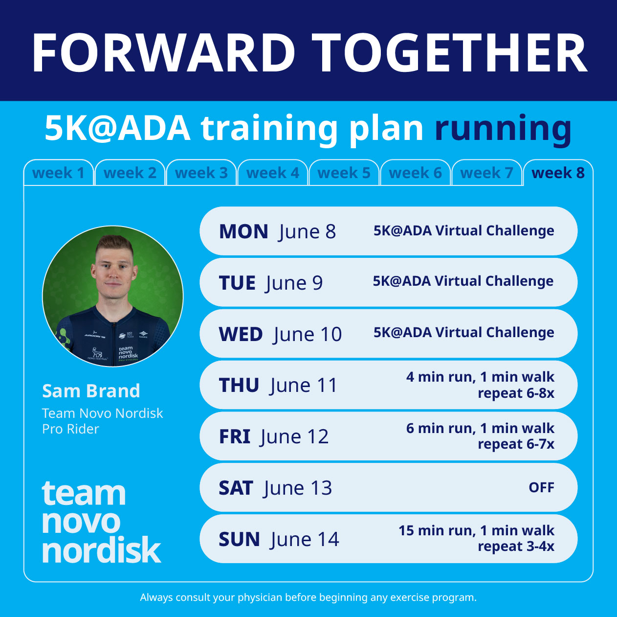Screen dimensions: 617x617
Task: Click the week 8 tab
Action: coord(558,173)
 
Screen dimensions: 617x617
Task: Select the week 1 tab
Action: coord(58,173)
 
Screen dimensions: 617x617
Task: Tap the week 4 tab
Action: coord(272,173)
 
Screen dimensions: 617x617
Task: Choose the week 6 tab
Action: coord(415,173)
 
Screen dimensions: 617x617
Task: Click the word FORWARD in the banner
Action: coord(164,53)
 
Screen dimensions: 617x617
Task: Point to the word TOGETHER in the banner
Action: coord(450,53)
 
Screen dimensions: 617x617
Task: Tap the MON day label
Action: coord(243,231)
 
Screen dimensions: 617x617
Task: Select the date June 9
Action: coord(294,283)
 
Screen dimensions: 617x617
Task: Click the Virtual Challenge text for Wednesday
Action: coord(463,333)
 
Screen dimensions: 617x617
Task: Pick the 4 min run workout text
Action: coord(480,385)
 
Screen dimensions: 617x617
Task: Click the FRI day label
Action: coord(235,437)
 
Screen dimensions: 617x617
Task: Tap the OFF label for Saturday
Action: coord(541,488)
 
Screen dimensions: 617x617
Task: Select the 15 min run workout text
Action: coord(476,539)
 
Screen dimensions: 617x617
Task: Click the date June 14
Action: coord(305,540)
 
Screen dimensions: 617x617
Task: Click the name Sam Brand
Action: coord(91,391)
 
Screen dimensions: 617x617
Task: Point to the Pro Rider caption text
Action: coord(70,429)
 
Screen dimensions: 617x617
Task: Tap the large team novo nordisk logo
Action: coord(101,522)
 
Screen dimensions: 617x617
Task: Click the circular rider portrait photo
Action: coord(113,296)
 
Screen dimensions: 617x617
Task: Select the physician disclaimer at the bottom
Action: coord(308,597)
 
